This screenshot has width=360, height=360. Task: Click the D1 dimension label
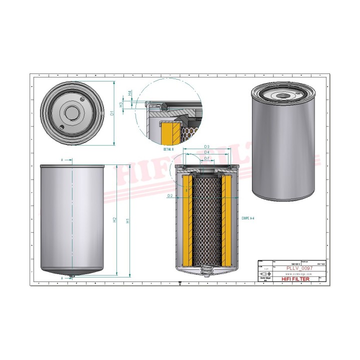[112, 113]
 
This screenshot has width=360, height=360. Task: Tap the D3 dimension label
[206, 146]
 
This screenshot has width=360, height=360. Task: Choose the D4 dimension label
[206, 152]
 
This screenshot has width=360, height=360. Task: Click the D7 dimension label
[206, 158]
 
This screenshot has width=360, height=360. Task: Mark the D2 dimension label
[170, 196]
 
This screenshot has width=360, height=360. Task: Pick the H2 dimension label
[114, 219]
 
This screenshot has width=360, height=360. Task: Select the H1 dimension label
[128, 219]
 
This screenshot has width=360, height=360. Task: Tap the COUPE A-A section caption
[248, 218]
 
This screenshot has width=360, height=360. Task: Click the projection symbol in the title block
[264, 273]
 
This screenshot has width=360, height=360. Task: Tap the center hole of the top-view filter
[72, 112]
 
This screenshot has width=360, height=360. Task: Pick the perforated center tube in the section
[206, 220]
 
